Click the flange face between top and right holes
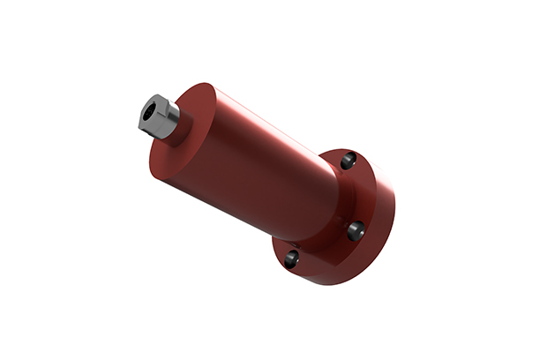(x=357, y=194)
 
